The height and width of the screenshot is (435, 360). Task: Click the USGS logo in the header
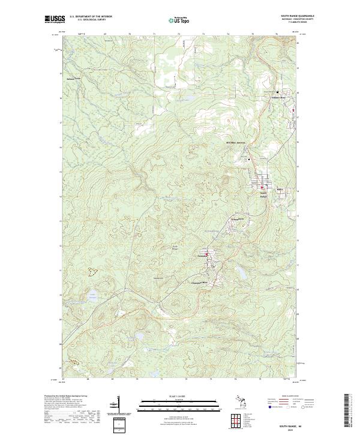pyautogui.click(x=53, y=19)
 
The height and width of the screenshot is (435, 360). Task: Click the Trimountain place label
pyautogui.click(x=236, y=221)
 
